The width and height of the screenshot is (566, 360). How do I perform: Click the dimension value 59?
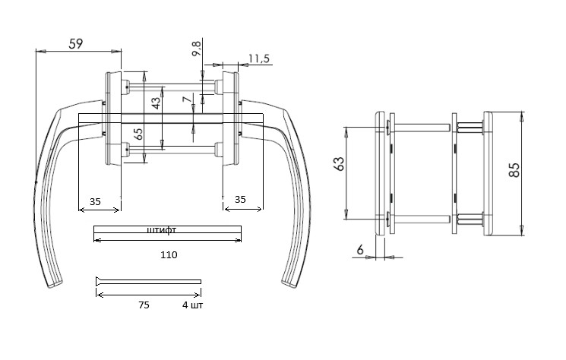pos(76,43)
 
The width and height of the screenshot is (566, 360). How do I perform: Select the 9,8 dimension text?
pos(196,49)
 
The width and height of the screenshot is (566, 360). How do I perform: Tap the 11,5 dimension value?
pos(259,58)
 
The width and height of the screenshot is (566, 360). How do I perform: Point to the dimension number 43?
pos(156,103)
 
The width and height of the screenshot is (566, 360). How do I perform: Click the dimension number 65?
pos(138,134)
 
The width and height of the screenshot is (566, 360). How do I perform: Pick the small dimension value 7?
pos(187,99)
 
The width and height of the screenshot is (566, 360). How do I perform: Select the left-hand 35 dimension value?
pos(95,201)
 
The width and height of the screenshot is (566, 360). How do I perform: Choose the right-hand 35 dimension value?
pos(240,199)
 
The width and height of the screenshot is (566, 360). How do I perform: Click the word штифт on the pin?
pos(162,230)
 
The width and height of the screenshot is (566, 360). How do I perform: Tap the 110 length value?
pos(169,255)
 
